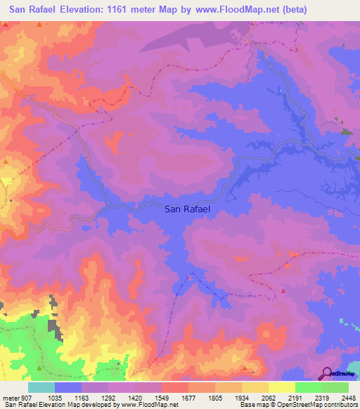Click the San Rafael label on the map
click(187, 209)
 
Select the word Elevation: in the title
click(89, 9)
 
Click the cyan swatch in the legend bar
click(41, 387)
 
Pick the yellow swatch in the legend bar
click(281, 387)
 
